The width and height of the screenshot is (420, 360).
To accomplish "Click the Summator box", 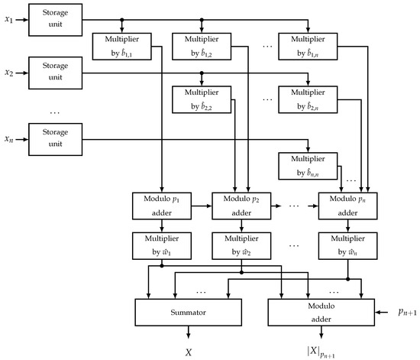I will point(188,313).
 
